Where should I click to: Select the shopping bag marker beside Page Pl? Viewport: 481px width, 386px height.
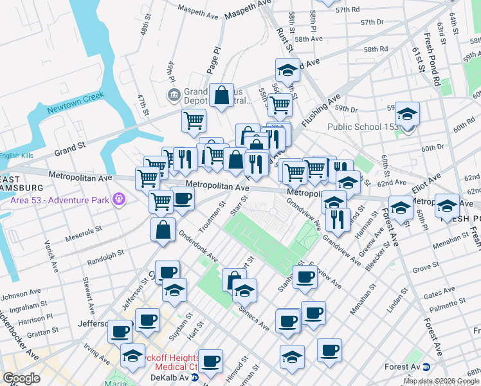221,96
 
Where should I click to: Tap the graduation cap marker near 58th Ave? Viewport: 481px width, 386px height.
287,69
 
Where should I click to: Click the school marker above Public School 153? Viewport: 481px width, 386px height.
406,114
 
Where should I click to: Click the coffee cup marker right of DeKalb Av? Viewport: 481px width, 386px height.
210,361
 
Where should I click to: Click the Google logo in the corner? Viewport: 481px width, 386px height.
21,378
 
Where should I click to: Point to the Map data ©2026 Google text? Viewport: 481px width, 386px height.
441,381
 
